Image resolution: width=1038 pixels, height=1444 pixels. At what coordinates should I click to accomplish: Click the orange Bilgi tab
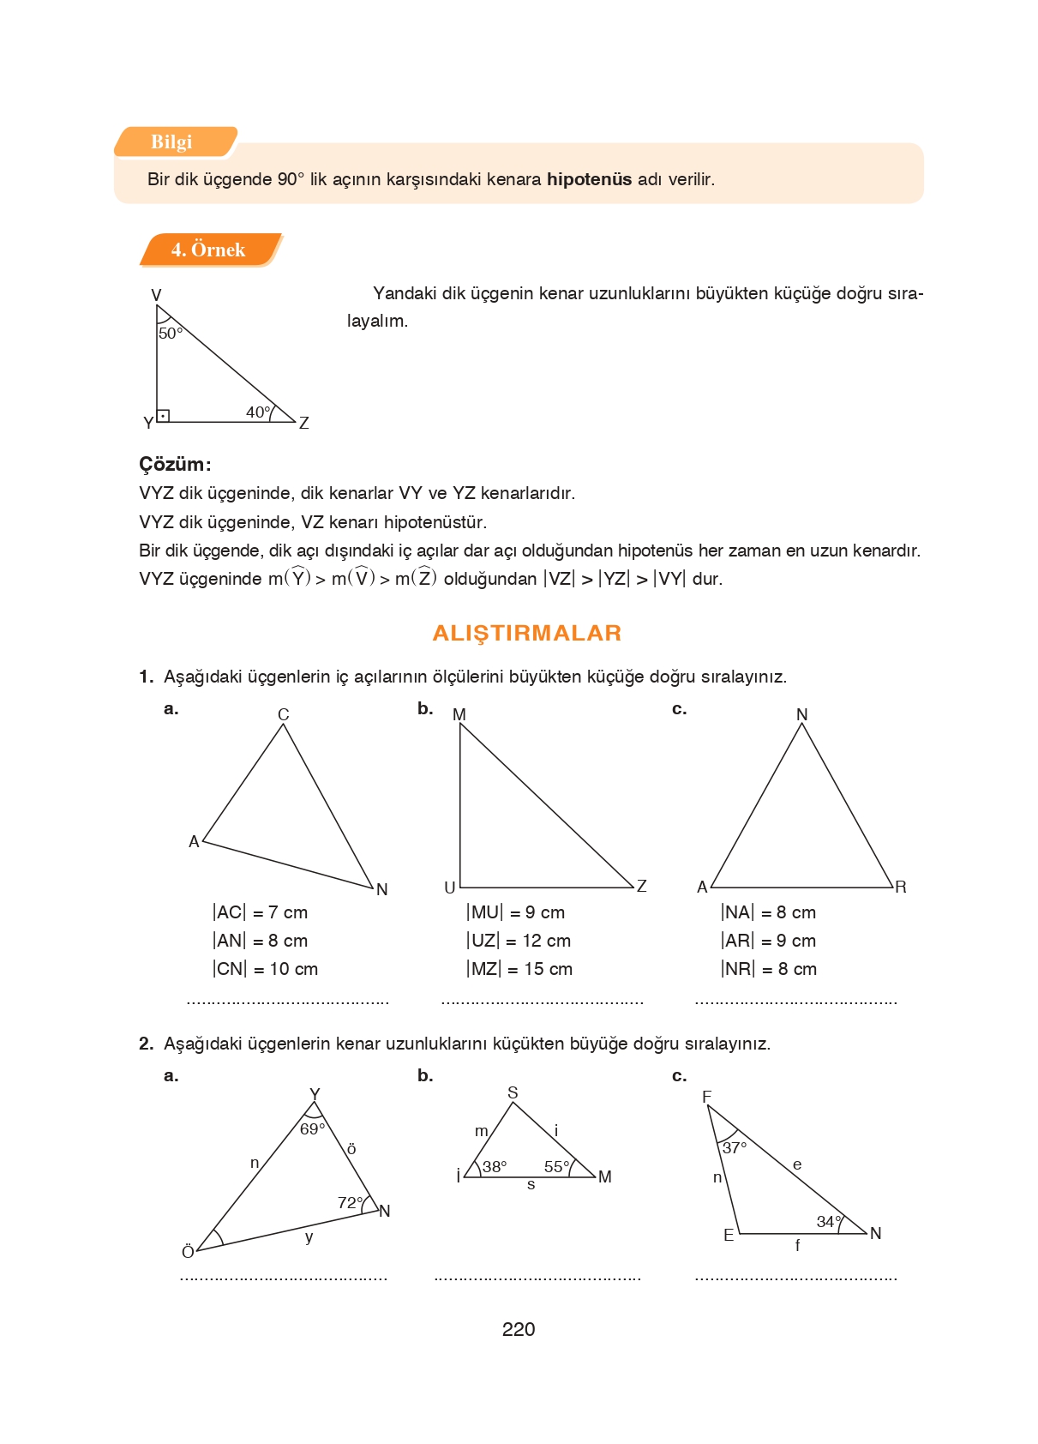click(x=172, y=142)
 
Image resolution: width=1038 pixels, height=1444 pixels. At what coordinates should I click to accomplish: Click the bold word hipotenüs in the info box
click(x=589, y=179)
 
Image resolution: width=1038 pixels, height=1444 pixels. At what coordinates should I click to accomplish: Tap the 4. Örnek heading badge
click(x=208, y=250)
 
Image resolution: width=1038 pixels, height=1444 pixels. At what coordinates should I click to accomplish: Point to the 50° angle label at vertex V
click(x=170, y=333)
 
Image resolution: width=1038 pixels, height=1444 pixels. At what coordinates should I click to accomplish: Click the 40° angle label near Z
click(x=258, y=412)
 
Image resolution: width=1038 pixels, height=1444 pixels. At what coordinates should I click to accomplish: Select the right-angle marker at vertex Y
click(x=163, y=416)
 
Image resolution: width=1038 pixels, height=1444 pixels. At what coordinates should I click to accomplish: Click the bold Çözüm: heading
click(x=175, y=464)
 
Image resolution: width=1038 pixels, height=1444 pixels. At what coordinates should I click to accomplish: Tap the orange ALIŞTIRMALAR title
click(x=526, y=633)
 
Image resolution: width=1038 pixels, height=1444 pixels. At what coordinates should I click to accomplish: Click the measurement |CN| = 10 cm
click(x=265, y=969)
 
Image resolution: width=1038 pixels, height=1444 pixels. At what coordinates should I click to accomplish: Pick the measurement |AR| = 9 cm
click(x=768, y=941)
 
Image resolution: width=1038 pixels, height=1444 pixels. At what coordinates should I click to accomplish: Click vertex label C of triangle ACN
click(x=284, y=714)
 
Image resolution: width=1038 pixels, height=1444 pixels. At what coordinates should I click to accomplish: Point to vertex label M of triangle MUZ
click(x=459, y=714)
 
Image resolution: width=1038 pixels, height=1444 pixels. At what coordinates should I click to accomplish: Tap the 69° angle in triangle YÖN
click(x=312, y=1128)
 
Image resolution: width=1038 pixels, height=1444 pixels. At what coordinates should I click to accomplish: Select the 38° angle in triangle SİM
click(x=495, y=1166)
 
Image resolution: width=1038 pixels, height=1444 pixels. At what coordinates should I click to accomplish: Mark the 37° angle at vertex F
click(x=735, y=1147)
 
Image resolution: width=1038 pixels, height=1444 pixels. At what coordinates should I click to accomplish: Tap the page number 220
click(x=519, y=1329)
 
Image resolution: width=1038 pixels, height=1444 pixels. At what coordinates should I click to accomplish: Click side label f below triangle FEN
click(x=797, y=1245)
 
